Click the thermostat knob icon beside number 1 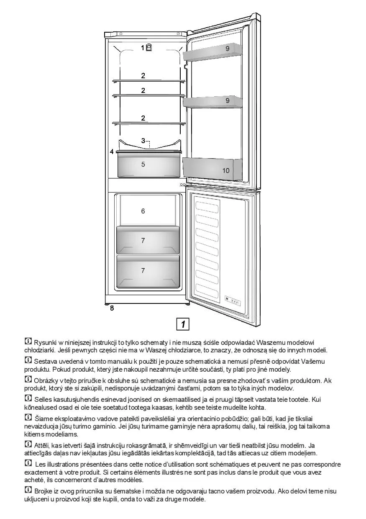tap(149, 47)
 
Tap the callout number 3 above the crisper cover tap(143, 140)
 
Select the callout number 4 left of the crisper tap(112, 152)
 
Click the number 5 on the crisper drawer tap(143, 164)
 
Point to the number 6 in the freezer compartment tap(143, 211)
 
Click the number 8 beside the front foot tap(112, 308)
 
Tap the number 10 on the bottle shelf tap(226, 170)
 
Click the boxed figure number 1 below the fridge tap(183, 324)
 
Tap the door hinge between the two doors tap(184, 185)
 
